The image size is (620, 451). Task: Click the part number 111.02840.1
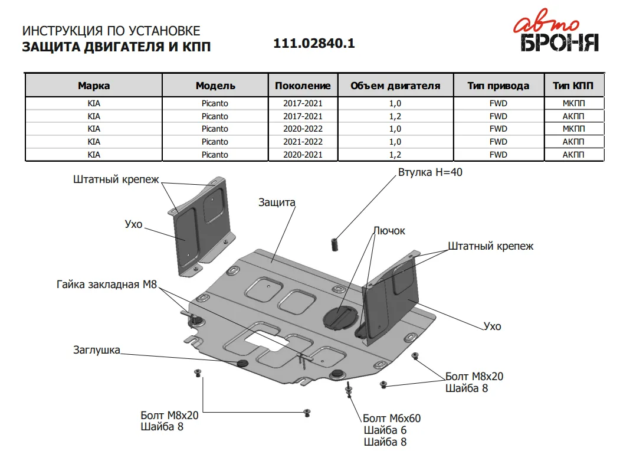(x=314, y=43)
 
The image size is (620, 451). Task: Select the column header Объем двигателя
(x=395, y=86)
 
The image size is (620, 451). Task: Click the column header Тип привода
(x=498, y=86)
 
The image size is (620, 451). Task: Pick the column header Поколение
(x=303, y=86)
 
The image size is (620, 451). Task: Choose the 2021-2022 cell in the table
(x=303, y=142)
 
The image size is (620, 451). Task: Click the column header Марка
(x=94, y=86)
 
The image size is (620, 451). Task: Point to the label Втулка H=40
(x=430, y=172)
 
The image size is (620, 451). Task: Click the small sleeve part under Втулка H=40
(x=334, y=244)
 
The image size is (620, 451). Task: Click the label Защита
(x=277, y=202)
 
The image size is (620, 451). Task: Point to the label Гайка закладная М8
(x=107, y=284)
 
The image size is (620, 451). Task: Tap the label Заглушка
(x=97, y=349)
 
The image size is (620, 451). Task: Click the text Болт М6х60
(x=392, y=418)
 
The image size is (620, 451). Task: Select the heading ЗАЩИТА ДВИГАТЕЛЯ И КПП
(x=116, y=47)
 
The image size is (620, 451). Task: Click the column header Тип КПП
(x=573, y=86)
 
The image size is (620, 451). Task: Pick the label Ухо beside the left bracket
(x=133, y=224)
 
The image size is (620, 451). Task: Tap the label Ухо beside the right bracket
(x=492, y=326)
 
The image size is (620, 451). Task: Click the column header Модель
(x=215, y=86)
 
